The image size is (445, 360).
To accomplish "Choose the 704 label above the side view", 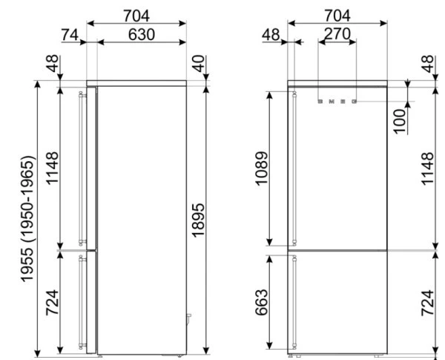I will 136,13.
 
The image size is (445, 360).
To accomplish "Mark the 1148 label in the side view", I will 53,168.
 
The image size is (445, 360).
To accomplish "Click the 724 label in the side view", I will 53,301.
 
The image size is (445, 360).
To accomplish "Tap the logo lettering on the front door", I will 337,99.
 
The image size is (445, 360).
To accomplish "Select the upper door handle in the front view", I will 295,167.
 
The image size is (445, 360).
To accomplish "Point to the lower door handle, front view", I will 295,301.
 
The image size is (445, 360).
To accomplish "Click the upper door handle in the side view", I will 82,167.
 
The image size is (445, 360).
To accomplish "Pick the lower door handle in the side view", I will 82,301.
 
